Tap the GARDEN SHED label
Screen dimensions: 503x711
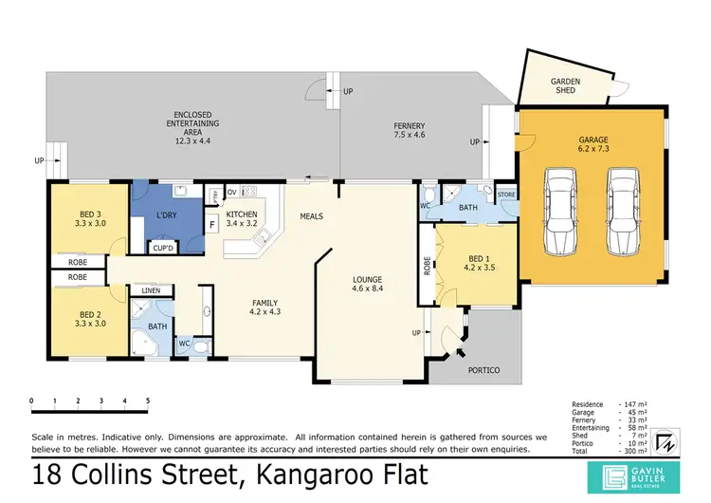click(566, 86)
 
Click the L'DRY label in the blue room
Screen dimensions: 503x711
click(166, 216)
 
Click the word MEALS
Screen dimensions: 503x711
click(311, 216)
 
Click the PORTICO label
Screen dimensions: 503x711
click(483, 370)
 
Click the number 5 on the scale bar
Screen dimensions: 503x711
click(148, 401)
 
